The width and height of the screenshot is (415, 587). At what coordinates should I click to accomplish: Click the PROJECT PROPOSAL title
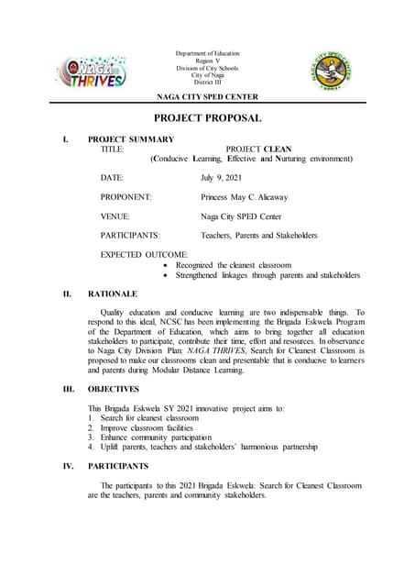[x=207, y=118]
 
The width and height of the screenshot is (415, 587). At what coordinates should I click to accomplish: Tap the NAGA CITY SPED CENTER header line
[x=207, y=96]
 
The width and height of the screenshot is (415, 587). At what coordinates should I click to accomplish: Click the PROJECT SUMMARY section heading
[x=130, y=139]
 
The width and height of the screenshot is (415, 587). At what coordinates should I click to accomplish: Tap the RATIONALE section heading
[x=113, y=293]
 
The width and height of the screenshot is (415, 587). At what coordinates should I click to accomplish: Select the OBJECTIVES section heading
[x=114, y=389]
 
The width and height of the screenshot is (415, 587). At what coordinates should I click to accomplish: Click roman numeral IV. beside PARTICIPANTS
[x=68, y=465]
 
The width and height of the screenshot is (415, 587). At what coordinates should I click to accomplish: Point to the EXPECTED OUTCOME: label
[x=144, y=254]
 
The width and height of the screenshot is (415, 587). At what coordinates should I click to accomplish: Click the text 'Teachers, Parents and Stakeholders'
[x=258, y=236]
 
